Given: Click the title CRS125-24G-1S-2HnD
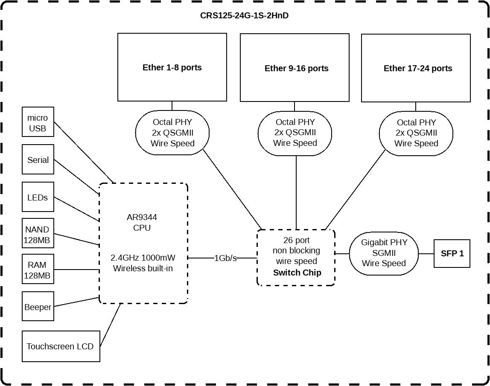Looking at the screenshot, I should tap(245, 16).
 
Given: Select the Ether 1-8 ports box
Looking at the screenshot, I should tap(172, 67).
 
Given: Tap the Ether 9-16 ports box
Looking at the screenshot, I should tap(295, 68).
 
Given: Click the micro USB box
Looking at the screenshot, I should tap(38, 123).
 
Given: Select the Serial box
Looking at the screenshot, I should tap(38, 160).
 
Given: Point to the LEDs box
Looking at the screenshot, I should tap(38, 197).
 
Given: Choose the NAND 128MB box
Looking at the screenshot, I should tap(38, 235).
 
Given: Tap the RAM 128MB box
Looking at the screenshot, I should tap(38, 270).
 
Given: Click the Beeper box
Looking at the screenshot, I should tap(38, 307).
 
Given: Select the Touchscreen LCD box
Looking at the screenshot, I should tap(61, 346).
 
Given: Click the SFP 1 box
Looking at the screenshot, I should tap(452, 253).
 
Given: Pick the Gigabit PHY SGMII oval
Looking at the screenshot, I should tap(384, 253).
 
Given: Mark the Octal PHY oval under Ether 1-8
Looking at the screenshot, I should tap(172, 133).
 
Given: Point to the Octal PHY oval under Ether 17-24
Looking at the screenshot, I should tap(416, 133).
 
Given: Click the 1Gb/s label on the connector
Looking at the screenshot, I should tap(225, 258).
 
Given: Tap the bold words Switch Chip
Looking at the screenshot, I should tap(297, 272).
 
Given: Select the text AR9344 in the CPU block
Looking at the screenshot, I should tap(142, 217).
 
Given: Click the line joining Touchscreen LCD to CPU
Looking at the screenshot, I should tap(110, 325).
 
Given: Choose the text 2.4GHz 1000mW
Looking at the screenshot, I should tap(143, 258).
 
